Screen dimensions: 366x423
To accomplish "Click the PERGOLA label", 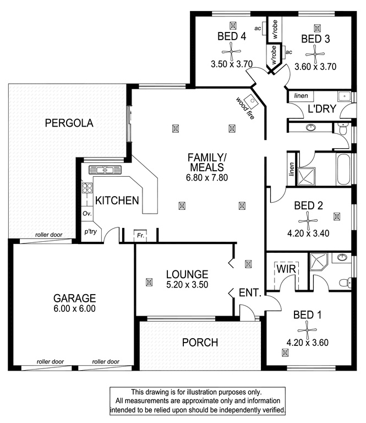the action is tap(69, 123).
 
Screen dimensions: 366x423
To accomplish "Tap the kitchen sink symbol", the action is tap(105, 170).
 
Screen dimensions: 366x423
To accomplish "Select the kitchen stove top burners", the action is tap(87, 188).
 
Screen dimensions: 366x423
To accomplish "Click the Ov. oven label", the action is tap(87, 213).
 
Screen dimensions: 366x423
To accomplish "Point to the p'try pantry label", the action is tap(90, 231).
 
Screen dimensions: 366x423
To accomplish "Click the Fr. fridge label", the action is tap(140, 235).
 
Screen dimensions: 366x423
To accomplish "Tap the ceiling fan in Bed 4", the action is tap(232, 51).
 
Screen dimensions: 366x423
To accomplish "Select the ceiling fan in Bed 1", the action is tap(307, 330).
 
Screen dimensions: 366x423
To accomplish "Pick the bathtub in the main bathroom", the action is tap(343, 170).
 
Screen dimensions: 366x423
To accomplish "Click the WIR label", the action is tap(286, 269).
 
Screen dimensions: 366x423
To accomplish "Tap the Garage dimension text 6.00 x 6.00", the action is tap(74, 308).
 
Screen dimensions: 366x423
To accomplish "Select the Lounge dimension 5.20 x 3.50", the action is tap(187, 285).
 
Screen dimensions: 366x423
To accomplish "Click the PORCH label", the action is tap(200, 343).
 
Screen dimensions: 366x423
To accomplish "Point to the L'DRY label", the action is tap(322, 109).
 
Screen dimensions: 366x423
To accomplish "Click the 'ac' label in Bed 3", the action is tap(288, 52).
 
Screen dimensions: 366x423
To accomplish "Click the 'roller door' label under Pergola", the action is tap(49, 235).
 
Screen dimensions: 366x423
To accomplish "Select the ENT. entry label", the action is tap(250, 292).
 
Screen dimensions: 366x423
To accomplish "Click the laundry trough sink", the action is tap(345, 96).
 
